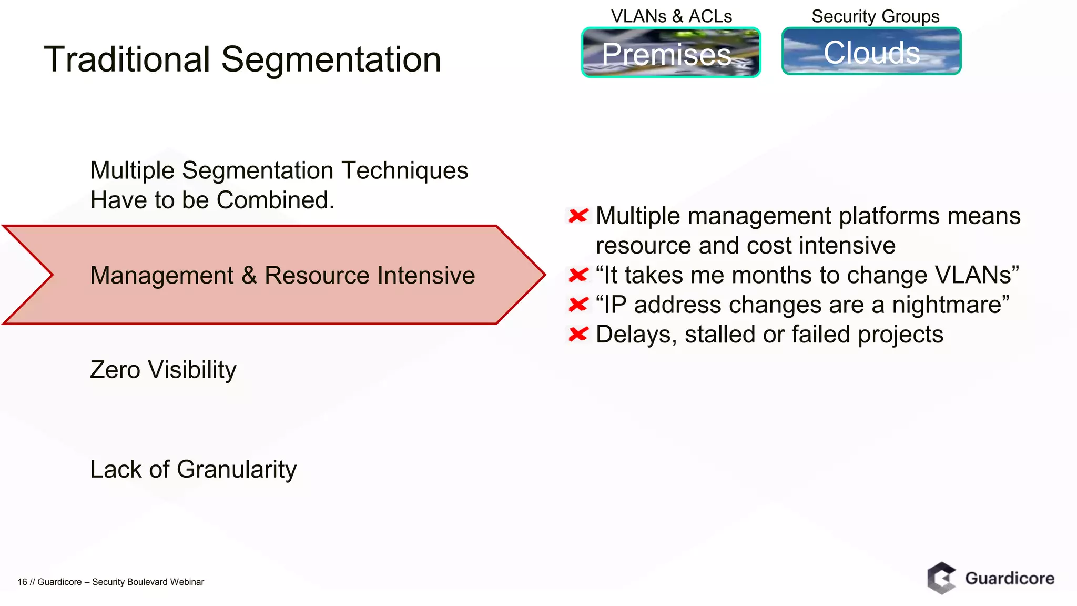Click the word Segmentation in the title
click(331, 59)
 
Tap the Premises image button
click(670, 53)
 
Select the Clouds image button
click(871, 52)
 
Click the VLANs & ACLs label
click(671, 16)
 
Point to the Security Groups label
click(875, 16)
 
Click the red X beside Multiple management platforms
click(578, 216)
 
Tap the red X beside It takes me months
click(578, 275)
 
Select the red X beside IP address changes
click(578, 305)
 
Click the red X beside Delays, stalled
click(578, 335)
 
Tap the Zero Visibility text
click(163, 370)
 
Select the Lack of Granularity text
click(193, 469)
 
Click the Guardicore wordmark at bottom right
click(1010, 579)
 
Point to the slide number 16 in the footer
click(22, 582)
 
